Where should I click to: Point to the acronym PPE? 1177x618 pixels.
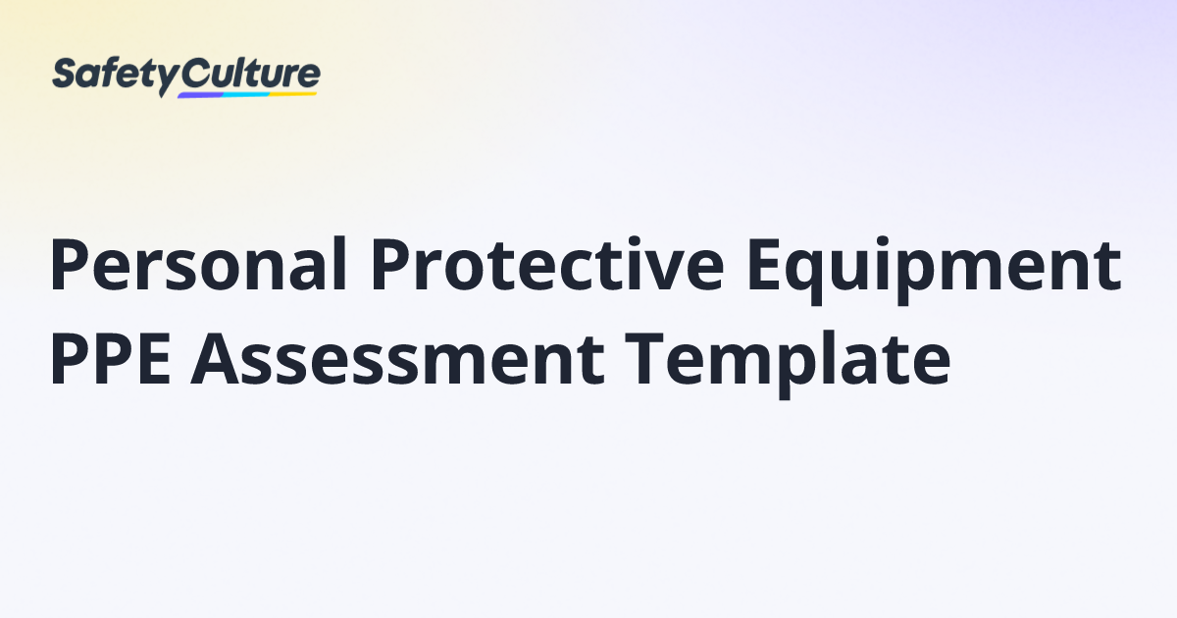click(109, 359)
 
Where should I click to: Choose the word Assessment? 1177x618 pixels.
click(391, 359)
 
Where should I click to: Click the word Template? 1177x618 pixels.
click(785, 361)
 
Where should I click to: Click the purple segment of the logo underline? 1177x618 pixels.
click(202, 96)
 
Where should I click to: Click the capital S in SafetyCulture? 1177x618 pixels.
click(65, 75)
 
